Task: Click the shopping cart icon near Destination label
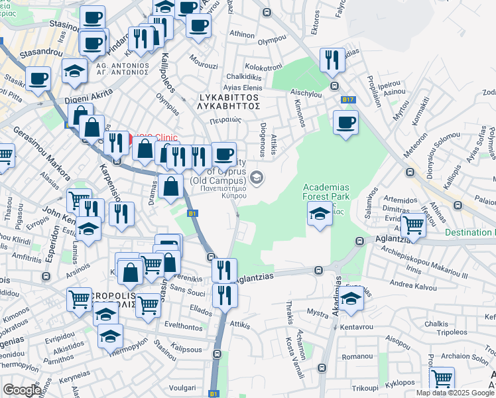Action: click(x=414, y=226)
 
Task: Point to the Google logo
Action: click(x=22, y=390)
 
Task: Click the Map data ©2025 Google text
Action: click(x=456, y=393)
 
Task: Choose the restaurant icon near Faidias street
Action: click(x=332, y=60)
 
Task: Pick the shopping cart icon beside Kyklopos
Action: click(x=442, y=379)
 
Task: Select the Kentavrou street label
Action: click(x=357, y=327)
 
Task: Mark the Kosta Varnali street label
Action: click(x=289, y=354)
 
